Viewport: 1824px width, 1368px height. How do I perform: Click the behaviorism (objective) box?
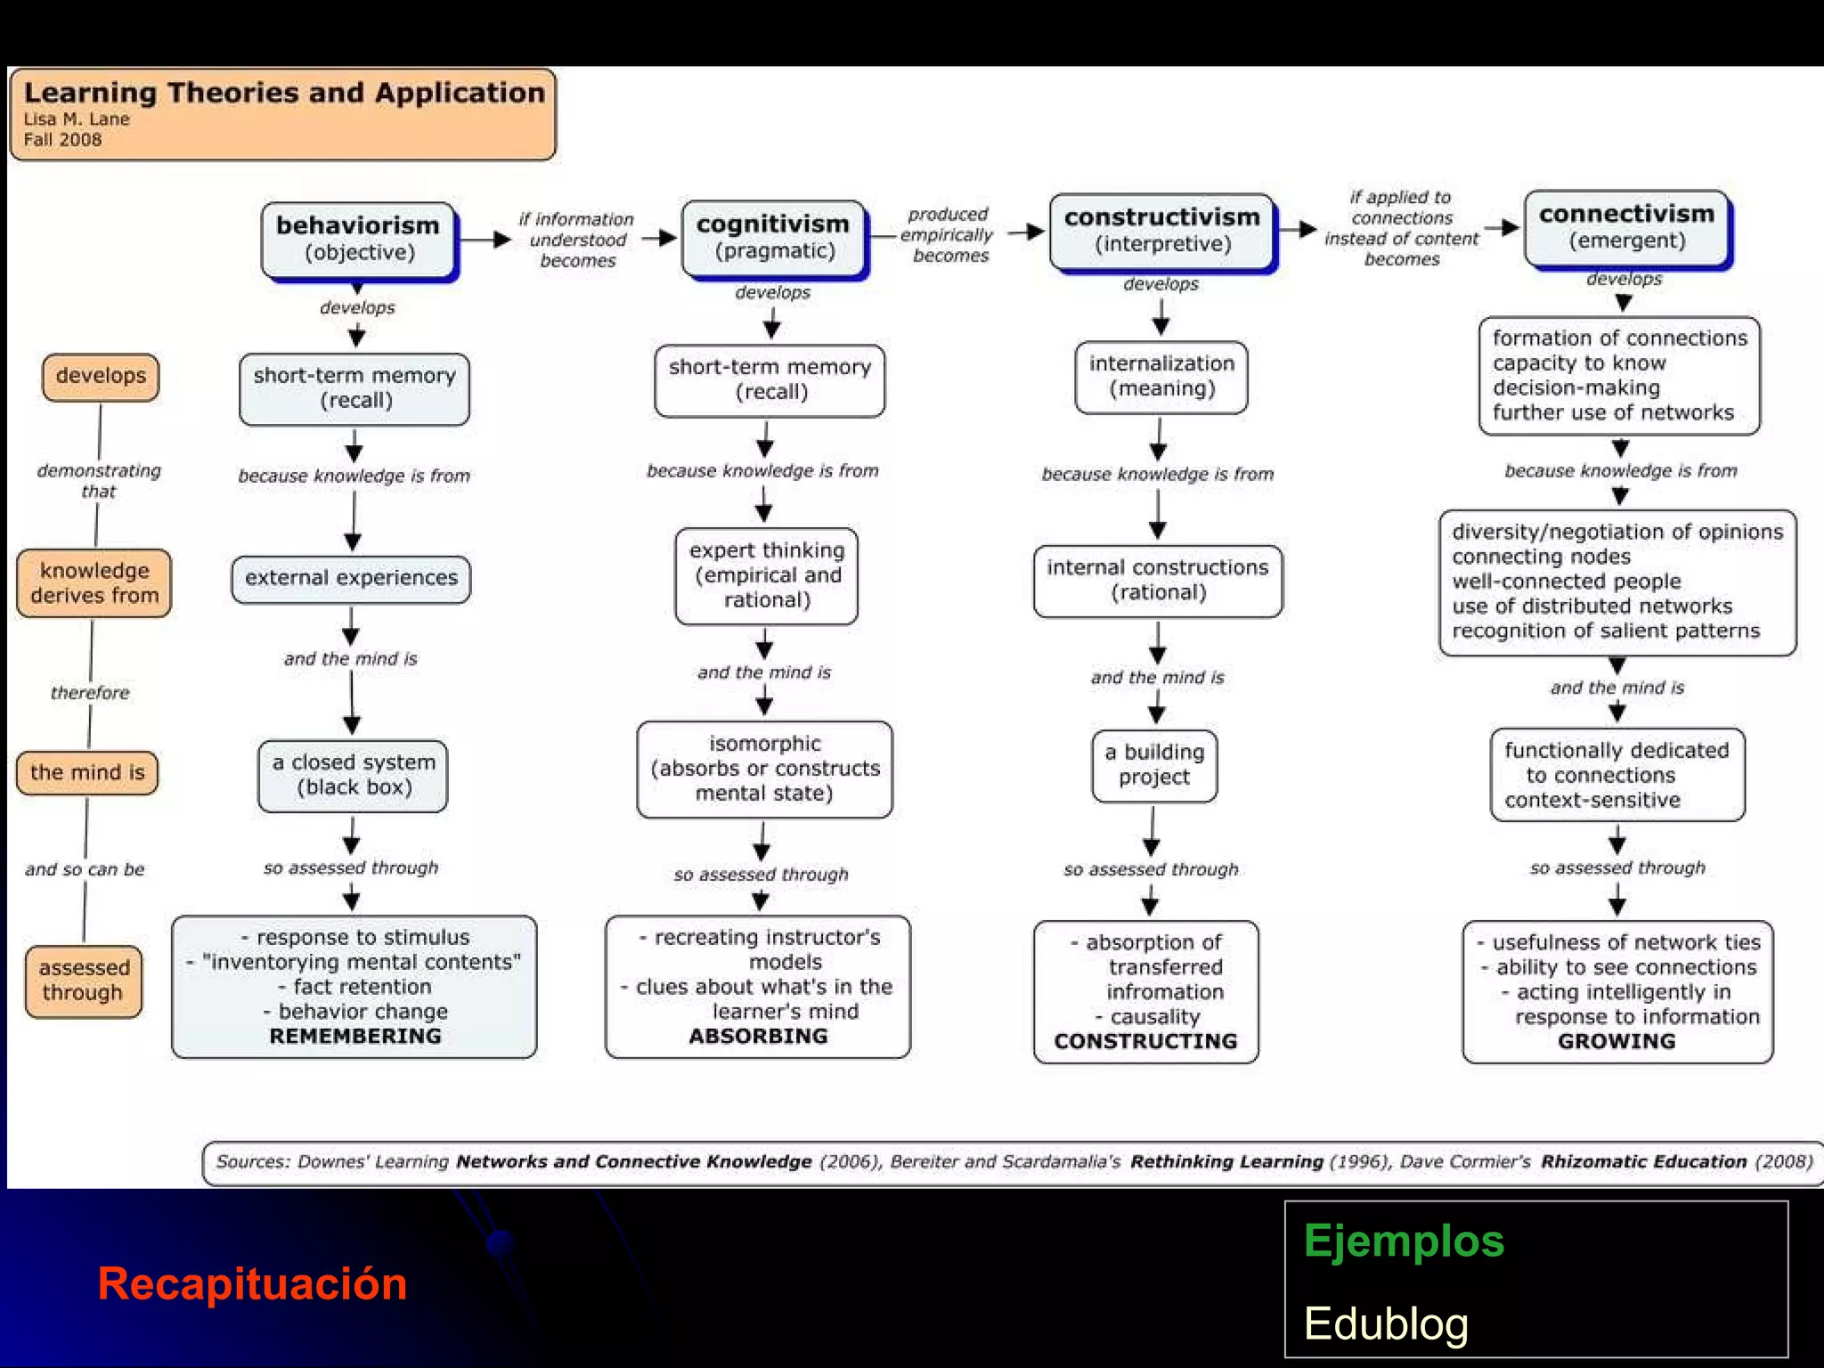point(358,239)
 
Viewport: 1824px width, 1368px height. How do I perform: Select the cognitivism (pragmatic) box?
point(773,237)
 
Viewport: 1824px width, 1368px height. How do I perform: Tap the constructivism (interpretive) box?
point(1161,231)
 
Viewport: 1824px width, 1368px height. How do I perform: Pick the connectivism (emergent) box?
point(1626,227)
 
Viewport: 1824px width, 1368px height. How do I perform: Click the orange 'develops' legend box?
point(101,376)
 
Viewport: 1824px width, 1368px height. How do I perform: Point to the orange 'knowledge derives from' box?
point(94,583)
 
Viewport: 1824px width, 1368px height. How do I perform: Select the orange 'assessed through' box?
point(84,980)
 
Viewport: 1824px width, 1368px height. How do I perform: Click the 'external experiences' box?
point(351,578)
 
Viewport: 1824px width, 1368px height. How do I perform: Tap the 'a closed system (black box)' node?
point(354,775)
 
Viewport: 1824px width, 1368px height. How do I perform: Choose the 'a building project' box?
point(1154,765)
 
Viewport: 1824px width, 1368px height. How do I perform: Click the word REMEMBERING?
point(355,1036)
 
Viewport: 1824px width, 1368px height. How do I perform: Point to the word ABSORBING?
point(758,1036)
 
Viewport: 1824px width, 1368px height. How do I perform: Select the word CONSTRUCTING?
point(1145,1041)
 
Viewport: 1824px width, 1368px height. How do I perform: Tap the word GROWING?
point(1616,1041)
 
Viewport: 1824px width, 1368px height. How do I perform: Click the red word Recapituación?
point(252,1283)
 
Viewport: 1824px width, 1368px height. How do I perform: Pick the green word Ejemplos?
point(1404,1241)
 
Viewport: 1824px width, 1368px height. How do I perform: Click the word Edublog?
point(1386,1323)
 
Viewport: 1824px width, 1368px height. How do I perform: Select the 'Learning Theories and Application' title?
point(284,93)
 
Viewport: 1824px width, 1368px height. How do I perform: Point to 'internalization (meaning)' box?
point(1161,376)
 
